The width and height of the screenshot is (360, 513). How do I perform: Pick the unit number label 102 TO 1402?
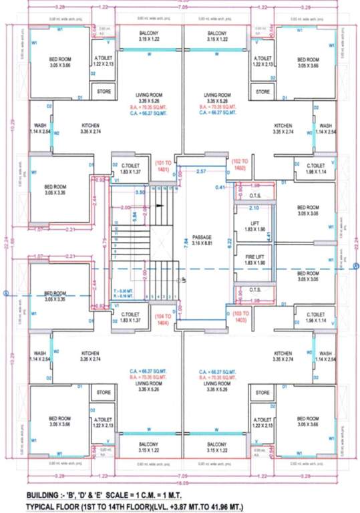click(239, 165)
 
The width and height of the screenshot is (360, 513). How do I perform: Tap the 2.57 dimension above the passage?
click(200, 172)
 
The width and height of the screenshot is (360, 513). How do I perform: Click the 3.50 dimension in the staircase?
click(140, 192)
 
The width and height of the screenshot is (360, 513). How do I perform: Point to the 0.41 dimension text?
click(220, 188)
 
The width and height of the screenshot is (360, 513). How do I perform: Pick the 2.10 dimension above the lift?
click(254, 208)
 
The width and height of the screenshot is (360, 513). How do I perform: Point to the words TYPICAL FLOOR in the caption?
click(58, 506)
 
